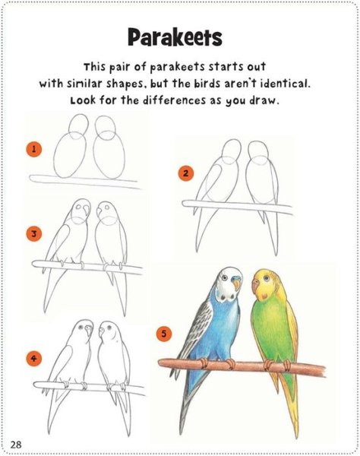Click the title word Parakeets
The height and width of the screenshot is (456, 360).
pyautogui.click(x=175, y=37)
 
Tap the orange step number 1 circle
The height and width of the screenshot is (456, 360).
pyautogui.click(x=34, y=149)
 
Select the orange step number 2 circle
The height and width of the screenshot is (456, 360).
pyautogui.click(x=185, y=173)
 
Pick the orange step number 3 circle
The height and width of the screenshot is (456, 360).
pyautogui.click(x=34, y=234)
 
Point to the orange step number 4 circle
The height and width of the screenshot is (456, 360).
pyautogui.click(x=34, y=358)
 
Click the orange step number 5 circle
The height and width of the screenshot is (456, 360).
pyautogui.click(x=164, y=334)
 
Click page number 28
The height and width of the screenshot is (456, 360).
pyautogui.click(x=16, y=445)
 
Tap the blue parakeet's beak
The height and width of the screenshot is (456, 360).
pyautogui.click(x=237, y=283)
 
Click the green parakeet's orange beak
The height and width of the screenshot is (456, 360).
pyautogui.click(x=256, y=287)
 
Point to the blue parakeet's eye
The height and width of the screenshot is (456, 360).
pyautogui.click(x=224, y=277)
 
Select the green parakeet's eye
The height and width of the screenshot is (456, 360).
pyautogui.click(x=266, y=279)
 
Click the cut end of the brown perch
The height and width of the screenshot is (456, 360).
pyautogui.click(x=323, y=371)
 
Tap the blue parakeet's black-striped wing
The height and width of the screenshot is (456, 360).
pyautogui.click(x=193, y=326)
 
